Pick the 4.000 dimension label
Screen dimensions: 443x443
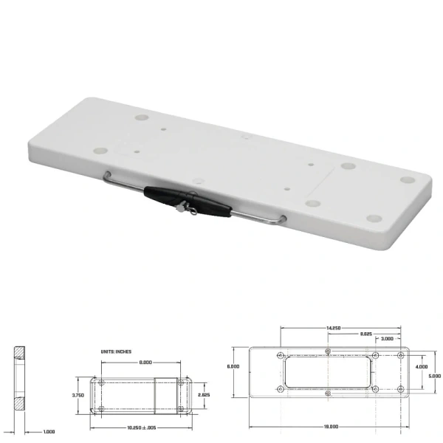point(422,367)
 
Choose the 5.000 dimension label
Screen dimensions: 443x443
point(434,376)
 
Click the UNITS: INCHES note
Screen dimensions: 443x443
point(116,351)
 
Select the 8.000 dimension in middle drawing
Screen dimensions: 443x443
point(144,363)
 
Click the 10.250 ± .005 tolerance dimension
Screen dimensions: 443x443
point(141,428)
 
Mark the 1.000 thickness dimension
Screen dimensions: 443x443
point(47,431)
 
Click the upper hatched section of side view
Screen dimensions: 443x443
point(19,352)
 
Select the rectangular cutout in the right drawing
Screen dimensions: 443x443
point(327,372)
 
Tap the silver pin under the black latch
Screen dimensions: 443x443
point(180,211)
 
